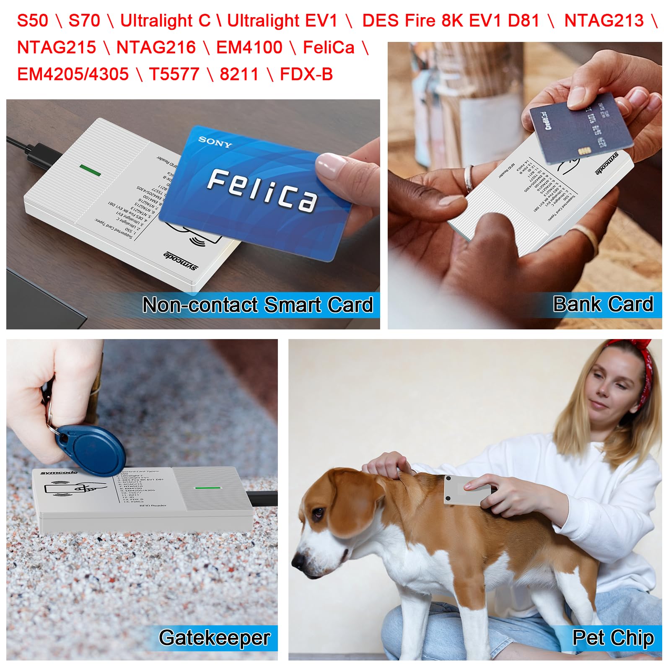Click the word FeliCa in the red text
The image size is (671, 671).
point(328,47)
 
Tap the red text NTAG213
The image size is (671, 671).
point(604,21)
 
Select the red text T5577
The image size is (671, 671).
point(174,74)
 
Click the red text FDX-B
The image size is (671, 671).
point(306,74)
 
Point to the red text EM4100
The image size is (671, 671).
point(249,47)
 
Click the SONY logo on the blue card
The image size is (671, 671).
point(215,142)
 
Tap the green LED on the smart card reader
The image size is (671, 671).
point(90,170)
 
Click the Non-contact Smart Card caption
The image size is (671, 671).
point(257,305)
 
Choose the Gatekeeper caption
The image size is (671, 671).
point(214,637)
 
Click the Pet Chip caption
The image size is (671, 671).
point(613,637)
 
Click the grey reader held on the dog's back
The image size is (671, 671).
point(465,490)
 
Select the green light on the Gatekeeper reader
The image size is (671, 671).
point(207,488)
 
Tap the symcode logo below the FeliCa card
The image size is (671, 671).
point(180,260)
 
